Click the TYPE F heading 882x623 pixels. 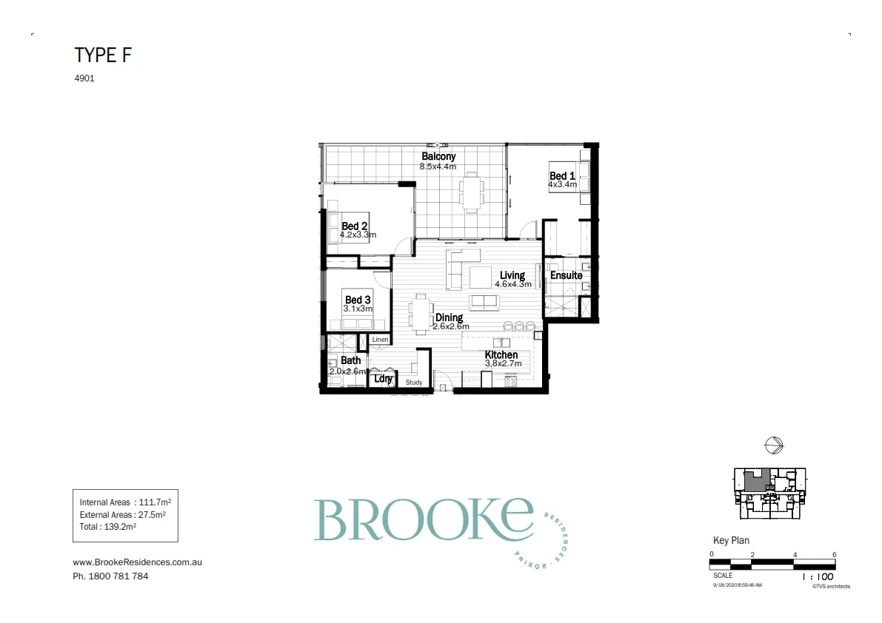point(103,55)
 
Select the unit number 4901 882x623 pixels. point(84,78)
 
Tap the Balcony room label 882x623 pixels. point(438,156)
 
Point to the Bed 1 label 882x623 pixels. point(562,176)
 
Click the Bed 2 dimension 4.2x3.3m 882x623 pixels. point(358,235)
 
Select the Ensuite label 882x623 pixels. point(566,275)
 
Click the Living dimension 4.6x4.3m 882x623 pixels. point(513,284)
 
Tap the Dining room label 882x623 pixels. point(449,317)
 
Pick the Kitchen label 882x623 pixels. point(501,355)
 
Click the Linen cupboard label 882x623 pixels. point(380,340)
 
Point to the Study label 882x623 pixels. point(414,383)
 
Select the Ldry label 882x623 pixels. point(383,379)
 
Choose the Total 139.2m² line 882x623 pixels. point(107,527)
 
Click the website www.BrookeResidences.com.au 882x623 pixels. point(138,562)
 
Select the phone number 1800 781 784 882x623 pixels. point(110,576)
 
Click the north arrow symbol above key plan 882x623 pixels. point(773,445)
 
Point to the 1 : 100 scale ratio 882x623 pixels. point(818,576)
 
